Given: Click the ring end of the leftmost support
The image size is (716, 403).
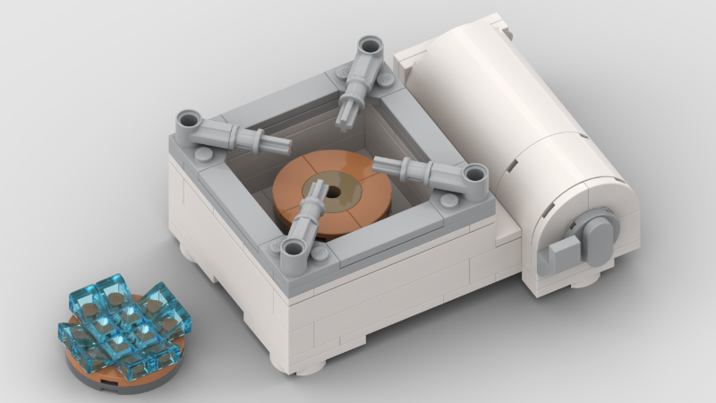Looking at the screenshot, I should [189, 119].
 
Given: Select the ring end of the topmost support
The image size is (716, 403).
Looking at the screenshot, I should [369, 47].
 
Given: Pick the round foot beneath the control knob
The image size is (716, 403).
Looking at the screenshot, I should [584, 280].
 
